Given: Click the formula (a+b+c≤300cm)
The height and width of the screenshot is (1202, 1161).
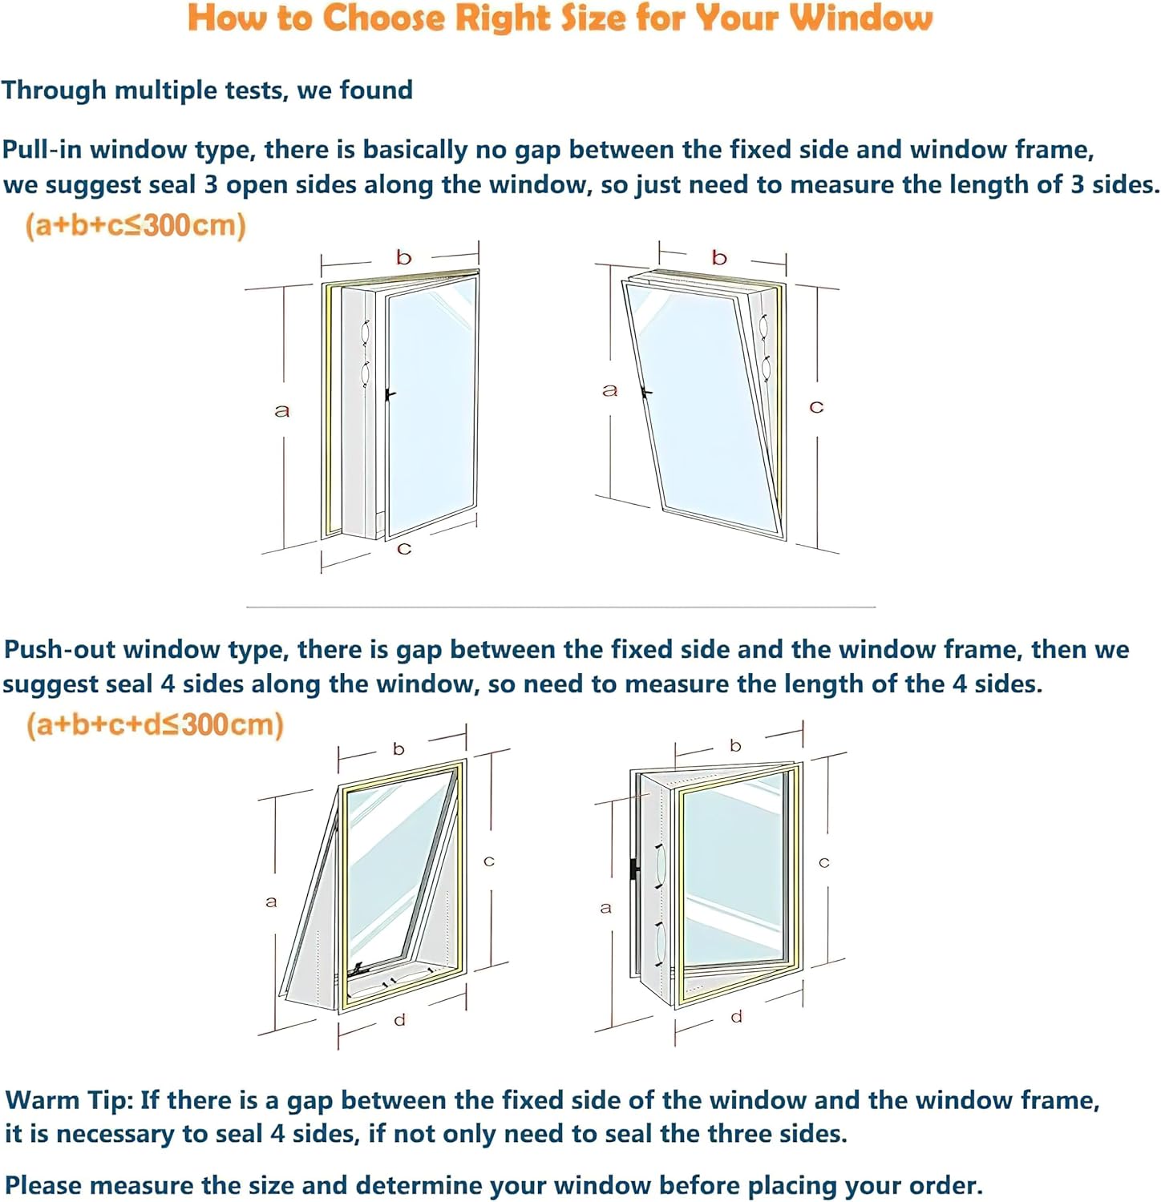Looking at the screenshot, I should [136, 225].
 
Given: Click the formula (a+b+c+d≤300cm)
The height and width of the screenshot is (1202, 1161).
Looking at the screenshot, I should [155, 724].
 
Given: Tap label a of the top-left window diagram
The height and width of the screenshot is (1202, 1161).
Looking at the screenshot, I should [281, 411].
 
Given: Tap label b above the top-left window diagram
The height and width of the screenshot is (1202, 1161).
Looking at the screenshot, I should [403, 257].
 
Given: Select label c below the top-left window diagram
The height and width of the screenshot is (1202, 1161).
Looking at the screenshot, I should [404, 549].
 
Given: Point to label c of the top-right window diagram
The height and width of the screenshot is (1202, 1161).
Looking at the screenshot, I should [816, 407].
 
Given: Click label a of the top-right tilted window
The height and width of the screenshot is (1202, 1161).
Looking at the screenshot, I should [610, 390].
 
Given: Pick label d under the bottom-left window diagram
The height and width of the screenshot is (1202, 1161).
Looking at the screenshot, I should [399, 1020].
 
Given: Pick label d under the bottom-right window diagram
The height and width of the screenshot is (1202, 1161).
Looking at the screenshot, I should [736, 1017].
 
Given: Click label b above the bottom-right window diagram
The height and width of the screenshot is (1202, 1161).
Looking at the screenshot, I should [735, 746].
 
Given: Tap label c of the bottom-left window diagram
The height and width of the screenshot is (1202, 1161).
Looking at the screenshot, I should [488, 861].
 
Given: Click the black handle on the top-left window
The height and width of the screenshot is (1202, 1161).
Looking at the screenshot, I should [389, 395].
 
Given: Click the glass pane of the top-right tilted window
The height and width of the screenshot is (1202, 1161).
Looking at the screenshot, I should [698, 401].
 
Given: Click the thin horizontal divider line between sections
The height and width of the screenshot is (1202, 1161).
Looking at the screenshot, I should [561, 607].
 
